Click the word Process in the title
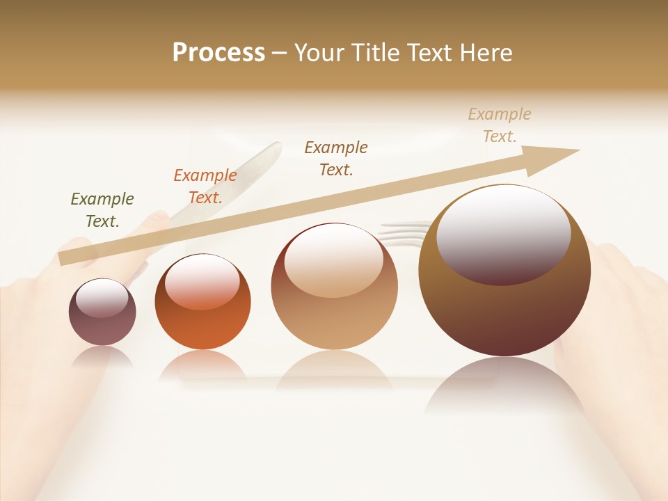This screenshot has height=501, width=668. coord(218,53)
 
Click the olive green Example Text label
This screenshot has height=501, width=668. coord(102,209)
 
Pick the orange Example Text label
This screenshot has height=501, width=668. coord(205,186)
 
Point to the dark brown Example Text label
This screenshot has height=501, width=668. coord(336,158)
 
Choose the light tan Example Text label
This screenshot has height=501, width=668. coord(500,125)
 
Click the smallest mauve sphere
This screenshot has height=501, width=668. coord(102,324)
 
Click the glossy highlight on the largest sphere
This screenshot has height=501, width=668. coord(503,233)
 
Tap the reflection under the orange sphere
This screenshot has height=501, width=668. coord(202,365)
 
